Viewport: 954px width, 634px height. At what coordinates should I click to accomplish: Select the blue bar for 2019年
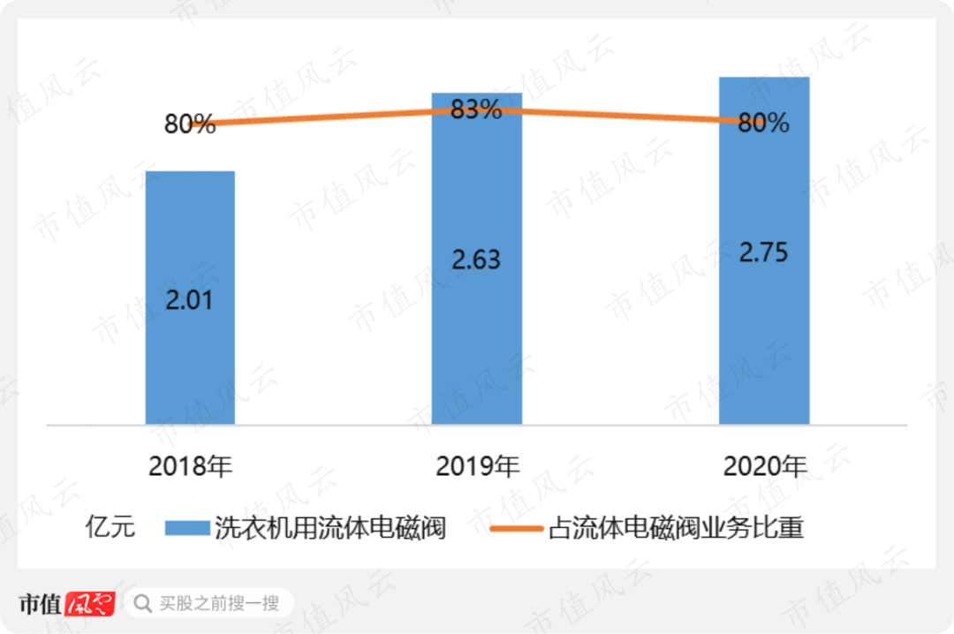(477, 336)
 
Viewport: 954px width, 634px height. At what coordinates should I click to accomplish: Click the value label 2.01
(189, 299)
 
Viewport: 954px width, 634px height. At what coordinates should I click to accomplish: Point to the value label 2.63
(476, 260)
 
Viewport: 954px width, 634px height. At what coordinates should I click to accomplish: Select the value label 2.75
(763, 251)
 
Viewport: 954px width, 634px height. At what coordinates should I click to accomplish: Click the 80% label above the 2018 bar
(190, 125)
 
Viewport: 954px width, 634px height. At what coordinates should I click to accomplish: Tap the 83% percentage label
(476, 110)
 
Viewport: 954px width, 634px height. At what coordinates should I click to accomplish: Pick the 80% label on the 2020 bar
(763, 124)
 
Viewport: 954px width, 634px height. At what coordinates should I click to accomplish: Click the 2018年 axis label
(190, 466)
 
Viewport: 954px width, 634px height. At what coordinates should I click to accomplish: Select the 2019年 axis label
(477, 466)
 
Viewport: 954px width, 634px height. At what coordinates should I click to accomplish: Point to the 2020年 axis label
(764, 466)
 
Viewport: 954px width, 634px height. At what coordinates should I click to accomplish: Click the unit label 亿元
(110, 528)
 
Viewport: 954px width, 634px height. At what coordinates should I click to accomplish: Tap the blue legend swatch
(187, 528)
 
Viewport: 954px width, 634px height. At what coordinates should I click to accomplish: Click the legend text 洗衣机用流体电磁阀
(329, 528)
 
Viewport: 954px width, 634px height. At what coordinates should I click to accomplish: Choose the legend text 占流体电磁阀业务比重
(677, 528)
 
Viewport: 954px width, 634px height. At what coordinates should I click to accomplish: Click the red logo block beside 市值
(91, 604)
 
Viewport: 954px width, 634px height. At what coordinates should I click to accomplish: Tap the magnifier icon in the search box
(141, 604)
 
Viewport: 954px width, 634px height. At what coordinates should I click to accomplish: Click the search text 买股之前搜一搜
(219, 604)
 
